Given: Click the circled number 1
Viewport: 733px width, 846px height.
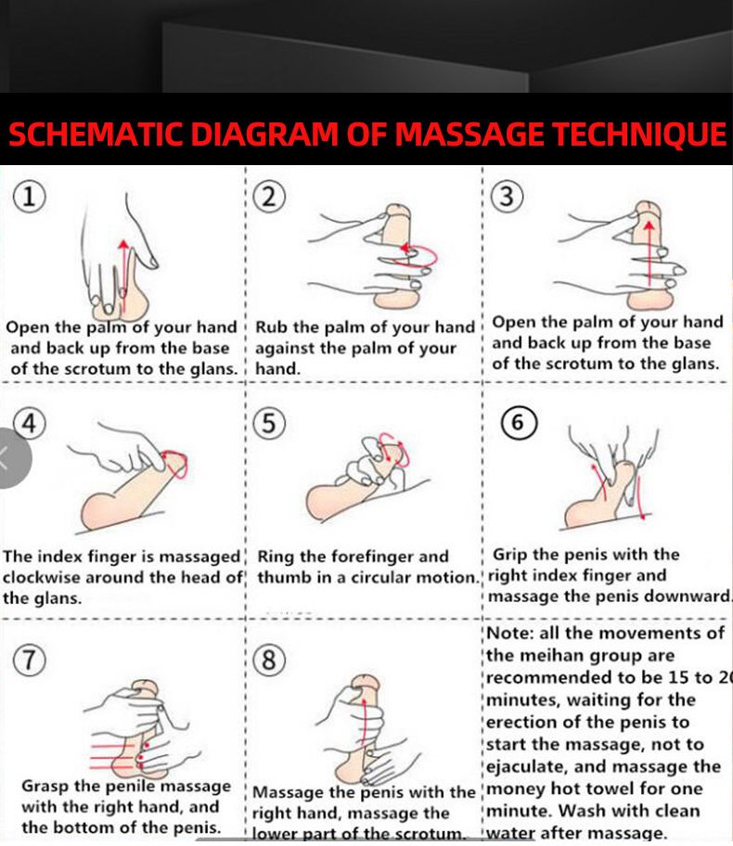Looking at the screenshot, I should click(32, 196).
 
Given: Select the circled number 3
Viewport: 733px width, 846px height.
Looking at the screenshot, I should click(508, 196).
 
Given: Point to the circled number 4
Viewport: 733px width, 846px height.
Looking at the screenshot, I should click(30, 423).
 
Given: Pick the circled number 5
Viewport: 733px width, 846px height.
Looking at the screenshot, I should click(269, 423).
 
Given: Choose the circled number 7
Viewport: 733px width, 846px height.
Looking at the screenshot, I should click(32, 660).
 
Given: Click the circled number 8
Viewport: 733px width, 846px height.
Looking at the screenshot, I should click(269, 660).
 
